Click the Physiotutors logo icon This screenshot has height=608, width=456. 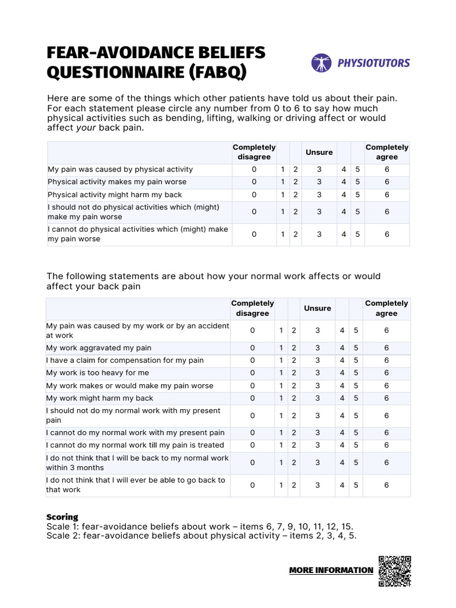[x=321, y=62]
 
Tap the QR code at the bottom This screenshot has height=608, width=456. [x=394, y=571]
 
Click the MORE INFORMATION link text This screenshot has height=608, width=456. [x=331, y=570]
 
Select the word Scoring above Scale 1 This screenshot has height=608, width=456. [x=62, y=517]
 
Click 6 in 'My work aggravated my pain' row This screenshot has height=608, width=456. [x=387, y=348]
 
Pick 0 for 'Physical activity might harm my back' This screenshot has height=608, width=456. [x=254, y=195]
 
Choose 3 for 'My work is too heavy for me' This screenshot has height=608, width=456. [x=318, y=373]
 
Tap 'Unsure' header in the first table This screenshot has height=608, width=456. [x=319, y=152]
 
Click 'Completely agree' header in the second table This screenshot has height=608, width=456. [x=387, y=308]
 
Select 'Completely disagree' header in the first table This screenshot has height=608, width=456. [x=254, y=152]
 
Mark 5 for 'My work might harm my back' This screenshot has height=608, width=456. [x=356, y=398]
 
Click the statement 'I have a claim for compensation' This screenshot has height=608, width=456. [x=125, y=360]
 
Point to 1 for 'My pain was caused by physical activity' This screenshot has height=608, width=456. [x=283, y=169]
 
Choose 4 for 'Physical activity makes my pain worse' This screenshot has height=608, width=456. [x=344, y=182]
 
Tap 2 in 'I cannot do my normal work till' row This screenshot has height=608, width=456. [x=294, y=445]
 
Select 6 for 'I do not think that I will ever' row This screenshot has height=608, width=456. [x=387, y=485]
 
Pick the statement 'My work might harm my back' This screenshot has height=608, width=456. [x=100, y=398]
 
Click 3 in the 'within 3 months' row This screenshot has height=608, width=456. [x=318, y=463]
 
